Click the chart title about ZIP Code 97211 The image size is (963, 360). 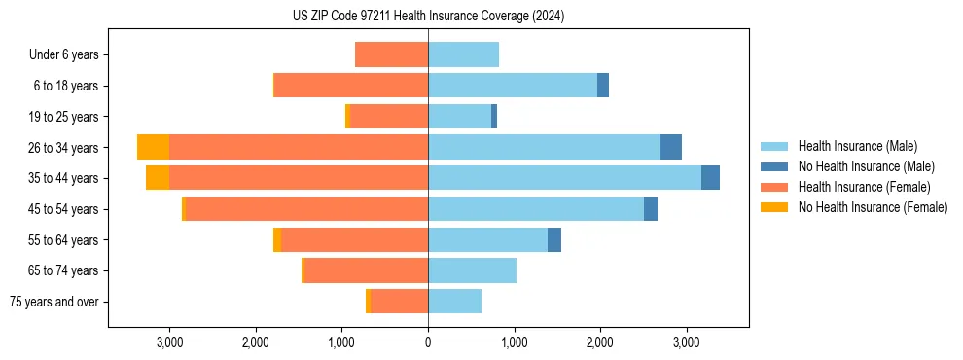click(x=428, y=17)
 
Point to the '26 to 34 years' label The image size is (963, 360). click(x=64, y=148)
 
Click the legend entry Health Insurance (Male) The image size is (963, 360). click(x=857, y=146)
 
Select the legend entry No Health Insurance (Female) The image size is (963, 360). click(x=873, y=207)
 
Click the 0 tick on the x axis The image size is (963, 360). click(x=428, y=342)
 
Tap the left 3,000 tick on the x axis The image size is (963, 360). click(x=169, y=342)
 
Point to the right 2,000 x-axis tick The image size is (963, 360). click(x=600, y=342)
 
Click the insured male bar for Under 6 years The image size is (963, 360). click(x=464, y=54)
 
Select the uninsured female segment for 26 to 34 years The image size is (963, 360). click(x=153, y=147)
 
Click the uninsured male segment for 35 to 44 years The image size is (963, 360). click(x=710, y=178)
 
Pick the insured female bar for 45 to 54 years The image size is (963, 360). click(x=306, y=209)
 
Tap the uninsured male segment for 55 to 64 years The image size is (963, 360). click(x=554, y=240)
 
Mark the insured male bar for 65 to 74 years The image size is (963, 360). click(x=472, y=270)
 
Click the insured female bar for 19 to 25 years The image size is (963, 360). click(x=389, y=117)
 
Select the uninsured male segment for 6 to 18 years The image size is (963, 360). click(x=603, y=86)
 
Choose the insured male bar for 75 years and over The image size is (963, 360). click(x=454, y=302)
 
